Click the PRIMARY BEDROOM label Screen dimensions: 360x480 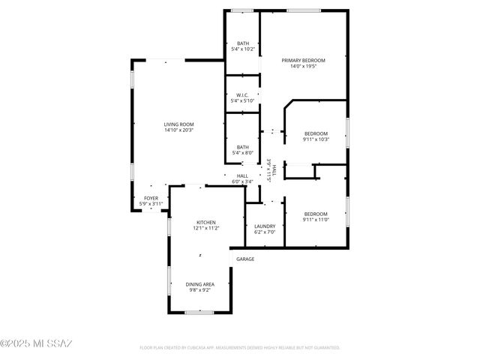point(303,60)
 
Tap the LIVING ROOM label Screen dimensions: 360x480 point(179,124)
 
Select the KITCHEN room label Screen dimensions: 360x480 point(206,222)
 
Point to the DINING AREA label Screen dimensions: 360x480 point(200,284)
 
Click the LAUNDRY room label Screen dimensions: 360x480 point(265,226)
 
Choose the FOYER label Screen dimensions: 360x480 point(151,198)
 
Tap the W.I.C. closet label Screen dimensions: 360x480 point(242,95)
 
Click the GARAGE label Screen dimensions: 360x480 point(245,259)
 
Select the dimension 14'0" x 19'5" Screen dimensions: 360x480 point(303,67)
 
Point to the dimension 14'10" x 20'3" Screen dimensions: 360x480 point(179,130)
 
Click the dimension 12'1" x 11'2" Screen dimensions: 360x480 point(206,228)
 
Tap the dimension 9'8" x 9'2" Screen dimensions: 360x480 point(200,290)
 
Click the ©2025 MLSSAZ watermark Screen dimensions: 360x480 point(36,343)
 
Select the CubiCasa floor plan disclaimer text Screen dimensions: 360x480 point(240,348)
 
